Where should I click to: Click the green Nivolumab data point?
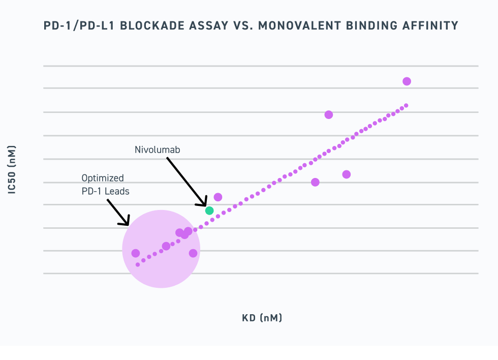(209, 211)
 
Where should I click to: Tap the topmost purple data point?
(407, 81)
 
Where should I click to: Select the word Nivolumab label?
(158, 150)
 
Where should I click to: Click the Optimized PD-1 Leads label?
(106, 185)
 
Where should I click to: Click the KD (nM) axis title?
(262, 318)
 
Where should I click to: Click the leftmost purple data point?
(136, 253)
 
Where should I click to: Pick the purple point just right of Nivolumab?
(218, 197)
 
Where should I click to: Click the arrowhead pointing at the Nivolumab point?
(203, 203)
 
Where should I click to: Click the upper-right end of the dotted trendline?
(406, 106)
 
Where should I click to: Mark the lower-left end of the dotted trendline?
(138, 264)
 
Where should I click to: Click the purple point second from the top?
(329, 115)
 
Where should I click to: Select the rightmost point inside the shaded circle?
(193, 253)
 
